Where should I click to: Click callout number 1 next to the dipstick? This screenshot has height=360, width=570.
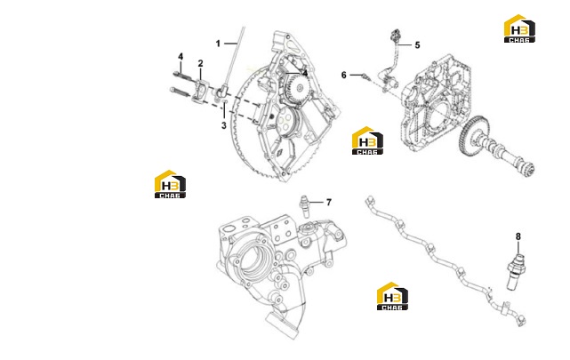218,44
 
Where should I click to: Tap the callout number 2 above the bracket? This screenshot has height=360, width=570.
200,64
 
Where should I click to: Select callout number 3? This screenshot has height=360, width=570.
224,125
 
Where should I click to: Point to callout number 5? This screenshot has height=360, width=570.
417,45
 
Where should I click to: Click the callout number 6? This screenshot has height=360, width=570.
344,76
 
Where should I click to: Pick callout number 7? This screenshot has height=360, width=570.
329,203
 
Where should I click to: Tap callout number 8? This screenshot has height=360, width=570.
518,236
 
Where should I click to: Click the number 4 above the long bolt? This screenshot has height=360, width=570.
181,57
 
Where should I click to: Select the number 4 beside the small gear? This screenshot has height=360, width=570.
305,74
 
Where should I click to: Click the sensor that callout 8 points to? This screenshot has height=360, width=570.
516,272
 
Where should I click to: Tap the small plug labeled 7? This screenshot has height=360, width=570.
304,206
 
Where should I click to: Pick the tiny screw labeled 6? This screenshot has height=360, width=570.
365,76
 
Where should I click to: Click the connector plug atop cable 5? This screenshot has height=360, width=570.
394,36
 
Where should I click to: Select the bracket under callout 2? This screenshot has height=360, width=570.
200,92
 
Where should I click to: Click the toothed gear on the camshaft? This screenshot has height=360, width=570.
473,136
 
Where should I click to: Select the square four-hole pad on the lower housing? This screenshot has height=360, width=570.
281,231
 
